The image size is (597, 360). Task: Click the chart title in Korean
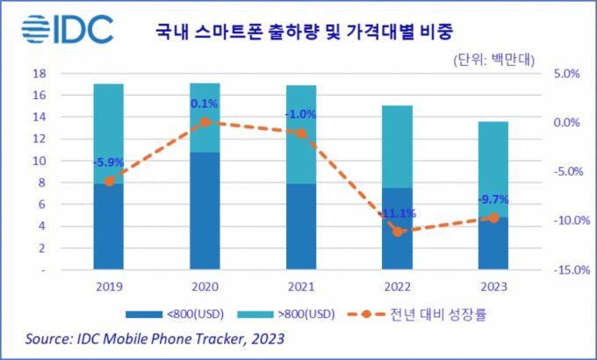[307, 32]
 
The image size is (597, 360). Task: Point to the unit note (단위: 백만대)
[497, 61]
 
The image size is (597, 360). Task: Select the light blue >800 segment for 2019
[108, 132]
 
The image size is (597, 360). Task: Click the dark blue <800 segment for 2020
[205, 211]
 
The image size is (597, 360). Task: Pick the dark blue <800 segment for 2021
[302, 227]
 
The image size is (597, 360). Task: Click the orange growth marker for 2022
[398, 232]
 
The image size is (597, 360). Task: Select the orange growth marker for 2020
[205, 122]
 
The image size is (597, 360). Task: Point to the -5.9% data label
[109, 162]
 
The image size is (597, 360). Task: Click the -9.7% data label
[493, 199]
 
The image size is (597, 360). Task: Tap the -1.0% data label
[301, 114]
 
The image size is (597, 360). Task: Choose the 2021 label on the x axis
[301, 285]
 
